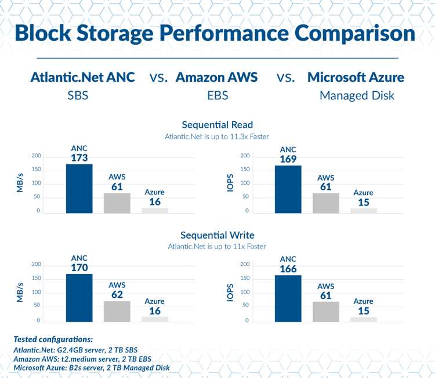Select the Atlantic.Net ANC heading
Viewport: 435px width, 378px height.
pos(82,77)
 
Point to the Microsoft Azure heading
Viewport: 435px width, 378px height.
pos(356,77)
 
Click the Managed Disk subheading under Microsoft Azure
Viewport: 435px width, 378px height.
pos(357,95)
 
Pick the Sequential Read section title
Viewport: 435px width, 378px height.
pos(217,125)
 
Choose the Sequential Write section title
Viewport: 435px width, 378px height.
pos(217,235)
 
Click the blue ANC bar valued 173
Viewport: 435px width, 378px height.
pos(79,189)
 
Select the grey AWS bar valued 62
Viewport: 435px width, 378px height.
pos(117,311)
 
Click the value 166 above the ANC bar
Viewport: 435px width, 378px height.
pos(288,268)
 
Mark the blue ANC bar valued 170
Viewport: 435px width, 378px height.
pos(79,297)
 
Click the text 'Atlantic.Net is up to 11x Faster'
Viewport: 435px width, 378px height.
pos(217,247)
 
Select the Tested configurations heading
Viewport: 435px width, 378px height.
pos(53,339)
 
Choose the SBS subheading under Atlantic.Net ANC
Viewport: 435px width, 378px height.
pos(78,95)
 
